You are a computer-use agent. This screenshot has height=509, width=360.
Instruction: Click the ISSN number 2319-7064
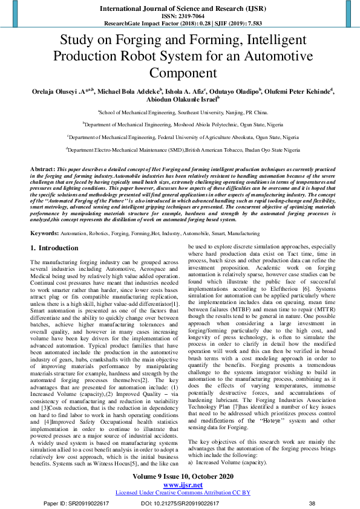point(180,16)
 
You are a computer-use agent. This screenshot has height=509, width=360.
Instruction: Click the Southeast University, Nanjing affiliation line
point(180,112)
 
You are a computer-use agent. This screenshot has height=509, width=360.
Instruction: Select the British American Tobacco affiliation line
point(180,149)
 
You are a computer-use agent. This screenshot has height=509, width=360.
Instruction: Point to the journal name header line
point(180,8)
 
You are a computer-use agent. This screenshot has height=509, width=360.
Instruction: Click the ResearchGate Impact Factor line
point(180,24)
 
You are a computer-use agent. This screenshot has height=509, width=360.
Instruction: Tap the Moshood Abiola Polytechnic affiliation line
point(180,125)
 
